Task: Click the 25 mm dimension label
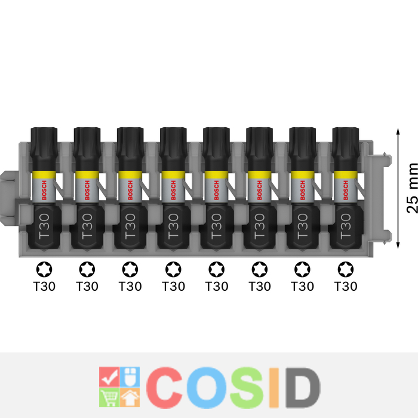(x=412, y=188)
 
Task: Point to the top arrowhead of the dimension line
(x=398, y=131)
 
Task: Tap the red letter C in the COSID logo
(x=164, y=388)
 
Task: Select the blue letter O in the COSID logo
(x=207, y=388)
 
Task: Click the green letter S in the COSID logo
(x=247, y=388)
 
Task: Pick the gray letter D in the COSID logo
(x=303, y=388)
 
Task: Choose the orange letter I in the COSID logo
(x=274, y=388)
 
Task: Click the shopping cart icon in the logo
(x=109, y=398)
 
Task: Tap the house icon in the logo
(x=130, y=398)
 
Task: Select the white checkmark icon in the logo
(x=109, y=377)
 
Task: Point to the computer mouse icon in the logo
(x=130, y=376)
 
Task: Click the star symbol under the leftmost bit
(x=44, y=269)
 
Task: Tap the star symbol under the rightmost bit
(x=346, y=269)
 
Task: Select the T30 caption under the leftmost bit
(x=44, y=286)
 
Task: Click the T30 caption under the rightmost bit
(x=346, y=286)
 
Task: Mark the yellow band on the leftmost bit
(x=44, y=174)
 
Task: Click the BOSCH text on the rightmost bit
(x=346, y=190)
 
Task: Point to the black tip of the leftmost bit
(x=44, y=149)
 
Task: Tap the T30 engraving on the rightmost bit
(x=346, y=226)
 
